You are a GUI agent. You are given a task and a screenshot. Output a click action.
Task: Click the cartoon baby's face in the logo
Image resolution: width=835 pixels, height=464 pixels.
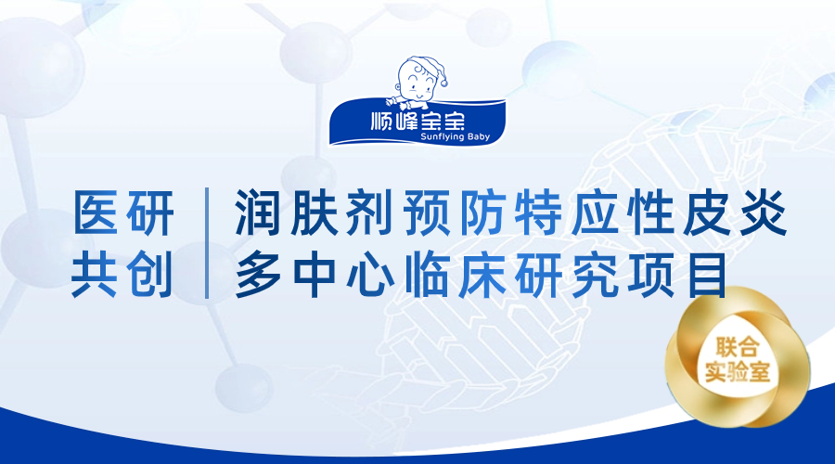[x=417, y=81]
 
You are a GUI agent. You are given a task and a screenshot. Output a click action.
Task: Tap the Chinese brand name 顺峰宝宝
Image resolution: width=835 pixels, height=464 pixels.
[x=417, y=121]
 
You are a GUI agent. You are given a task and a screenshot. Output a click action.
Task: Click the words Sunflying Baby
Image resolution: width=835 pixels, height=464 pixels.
[x=455, y=137]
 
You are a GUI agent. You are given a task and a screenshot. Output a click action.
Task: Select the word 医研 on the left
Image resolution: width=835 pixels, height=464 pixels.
[x=123, y=213]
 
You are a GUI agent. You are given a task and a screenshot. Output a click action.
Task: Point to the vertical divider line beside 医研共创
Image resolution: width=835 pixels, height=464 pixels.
[x=207, y=243]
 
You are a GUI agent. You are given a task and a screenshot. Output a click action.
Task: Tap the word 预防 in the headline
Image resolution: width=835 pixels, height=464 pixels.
[x=455, y=213]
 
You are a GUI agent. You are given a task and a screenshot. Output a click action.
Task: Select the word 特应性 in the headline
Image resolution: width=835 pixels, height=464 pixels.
[x=594, y=213]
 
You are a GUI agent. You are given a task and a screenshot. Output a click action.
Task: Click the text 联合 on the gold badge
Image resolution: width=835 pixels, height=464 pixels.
[x=738, y=348]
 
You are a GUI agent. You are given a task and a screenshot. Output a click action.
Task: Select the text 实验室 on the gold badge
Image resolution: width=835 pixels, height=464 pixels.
[x=738, y=371]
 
